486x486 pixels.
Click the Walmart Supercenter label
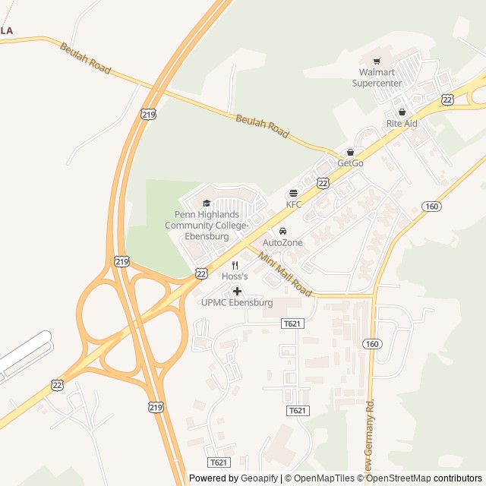point(377,77)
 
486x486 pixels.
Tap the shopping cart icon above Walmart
point(377,61)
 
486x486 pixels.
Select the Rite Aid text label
point(402,123)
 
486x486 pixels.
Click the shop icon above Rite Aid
point(402,112)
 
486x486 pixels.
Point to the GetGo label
point(350,163)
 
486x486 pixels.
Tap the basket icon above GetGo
point(350,153)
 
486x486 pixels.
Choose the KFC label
point(294,204)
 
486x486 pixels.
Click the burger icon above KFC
point(294,194)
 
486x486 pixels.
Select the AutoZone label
point(282,242)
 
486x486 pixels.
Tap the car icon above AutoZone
point(282,231)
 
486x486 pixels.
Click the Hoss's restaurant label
point(235,276)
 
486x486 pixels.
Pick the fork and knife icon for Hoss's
point(235,265)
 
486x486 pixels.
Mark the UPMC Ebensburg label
point(237,303)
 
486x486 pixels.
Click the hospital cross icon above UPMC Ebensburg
point(237,291)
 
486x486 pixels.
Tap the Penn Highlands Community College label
point(207,226)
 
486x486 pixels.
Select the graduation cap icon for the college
point(207,204)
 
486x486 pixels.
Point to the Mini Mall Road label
point(285,274)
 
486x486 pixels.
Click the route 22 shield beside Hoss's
point(201,272)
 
